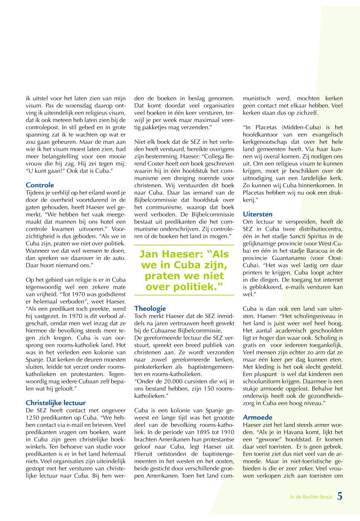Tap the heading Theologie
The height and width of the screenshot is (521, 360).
point(150,308)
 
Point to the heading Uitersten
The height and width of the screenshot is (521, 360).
point(258,214)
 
